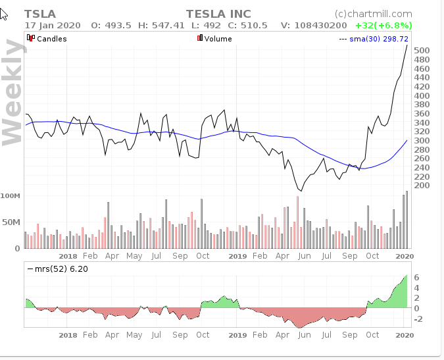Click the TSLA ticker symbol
pos(40,14)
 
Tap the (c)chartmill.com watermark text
pos(373,13)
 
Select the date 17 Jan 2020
pos(53,25)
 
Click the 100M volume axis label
pos(11,196)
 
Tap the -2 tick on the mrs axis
pos(418,319)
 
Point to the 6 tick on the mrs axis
pos(418,278)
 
